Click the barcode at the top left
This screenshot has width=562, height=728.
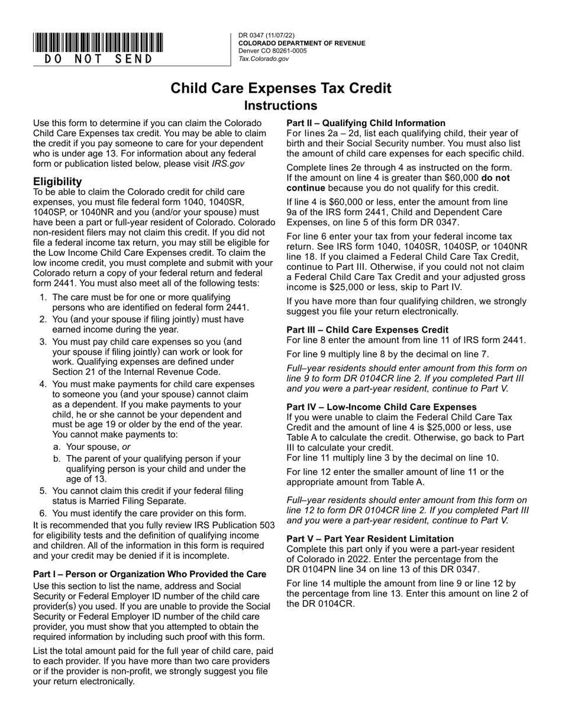[98, 43]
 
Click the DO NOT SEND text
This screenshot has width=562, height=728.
[98, 59]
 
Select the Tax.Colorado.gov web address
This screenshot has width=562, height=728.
[264, 59]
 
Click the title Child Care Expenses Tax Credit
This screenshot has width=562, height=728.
[281, 88]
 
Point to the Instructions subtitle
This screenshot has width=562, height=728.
[281, 106]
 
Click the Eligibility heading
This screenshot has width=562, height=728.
[57, 181]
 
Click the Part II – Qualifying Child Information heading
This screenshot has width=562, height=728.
[366, 123]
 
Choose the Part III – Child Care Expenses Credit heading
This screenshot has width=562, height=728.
[367, 330]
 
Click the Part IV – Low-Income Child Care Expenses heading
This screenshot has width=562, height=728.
[382, 407]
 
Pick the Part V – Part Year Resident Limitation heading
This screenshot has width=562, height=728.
[370, 539]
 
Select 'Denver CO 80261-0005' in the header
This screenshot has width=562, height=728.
[273, 51]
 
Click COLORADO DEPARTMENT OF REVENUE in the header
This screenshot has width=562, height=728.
[302, 43]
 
